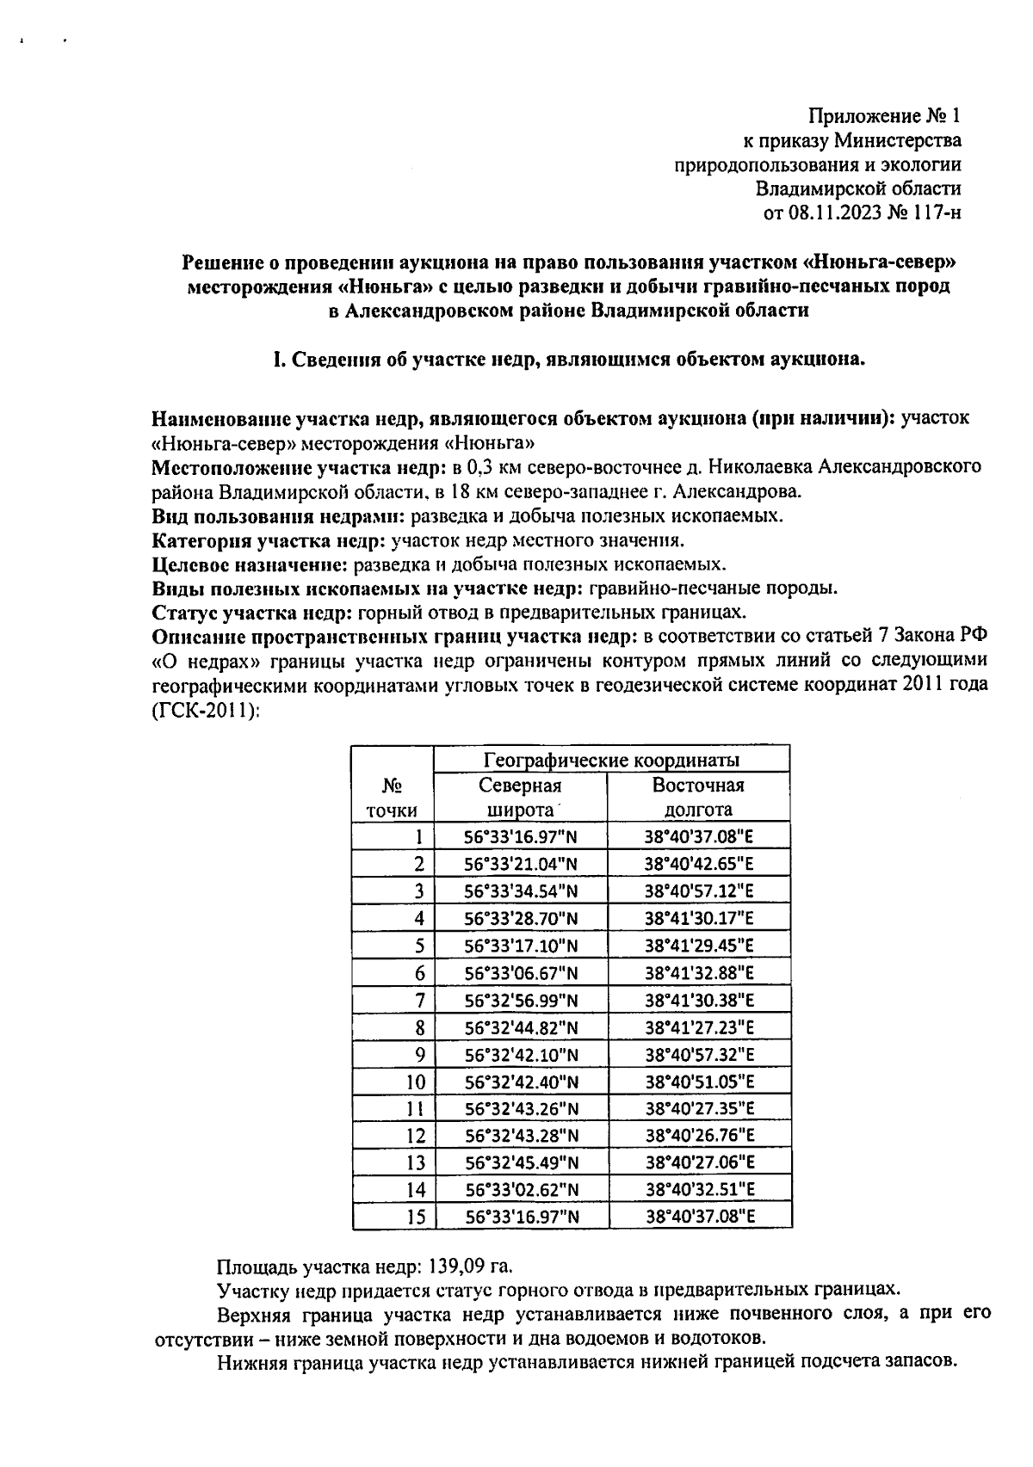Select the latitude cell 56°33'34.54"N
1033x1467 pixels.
click(x=521, y=891)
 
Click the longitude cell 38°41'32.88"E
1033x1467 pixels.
click(x=699, y=973)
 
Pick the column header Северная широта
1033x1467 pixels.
click(x=520, y=798)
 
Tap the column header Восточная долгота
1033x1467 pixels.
click(x=698, y=798)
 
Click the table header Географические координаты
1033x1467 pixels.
click(x=611, y=761)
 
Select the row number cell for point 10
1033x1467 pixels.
click(x=415, y=1082)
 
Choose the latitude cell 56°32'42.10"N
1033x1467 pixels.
click(x=521, y=1055)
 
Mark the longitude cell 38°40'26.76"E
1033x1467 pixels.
click(x=699, y=1136)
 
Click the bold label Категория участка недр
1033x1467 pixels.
click(x=269, y=540)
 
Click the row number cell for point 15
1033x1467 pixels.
click(x=415, y=1217)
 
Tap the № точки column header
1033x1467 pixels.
click(x=393, y=798)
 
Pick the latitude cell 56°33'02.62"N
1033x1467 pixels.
click(x=521, y=1190)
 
